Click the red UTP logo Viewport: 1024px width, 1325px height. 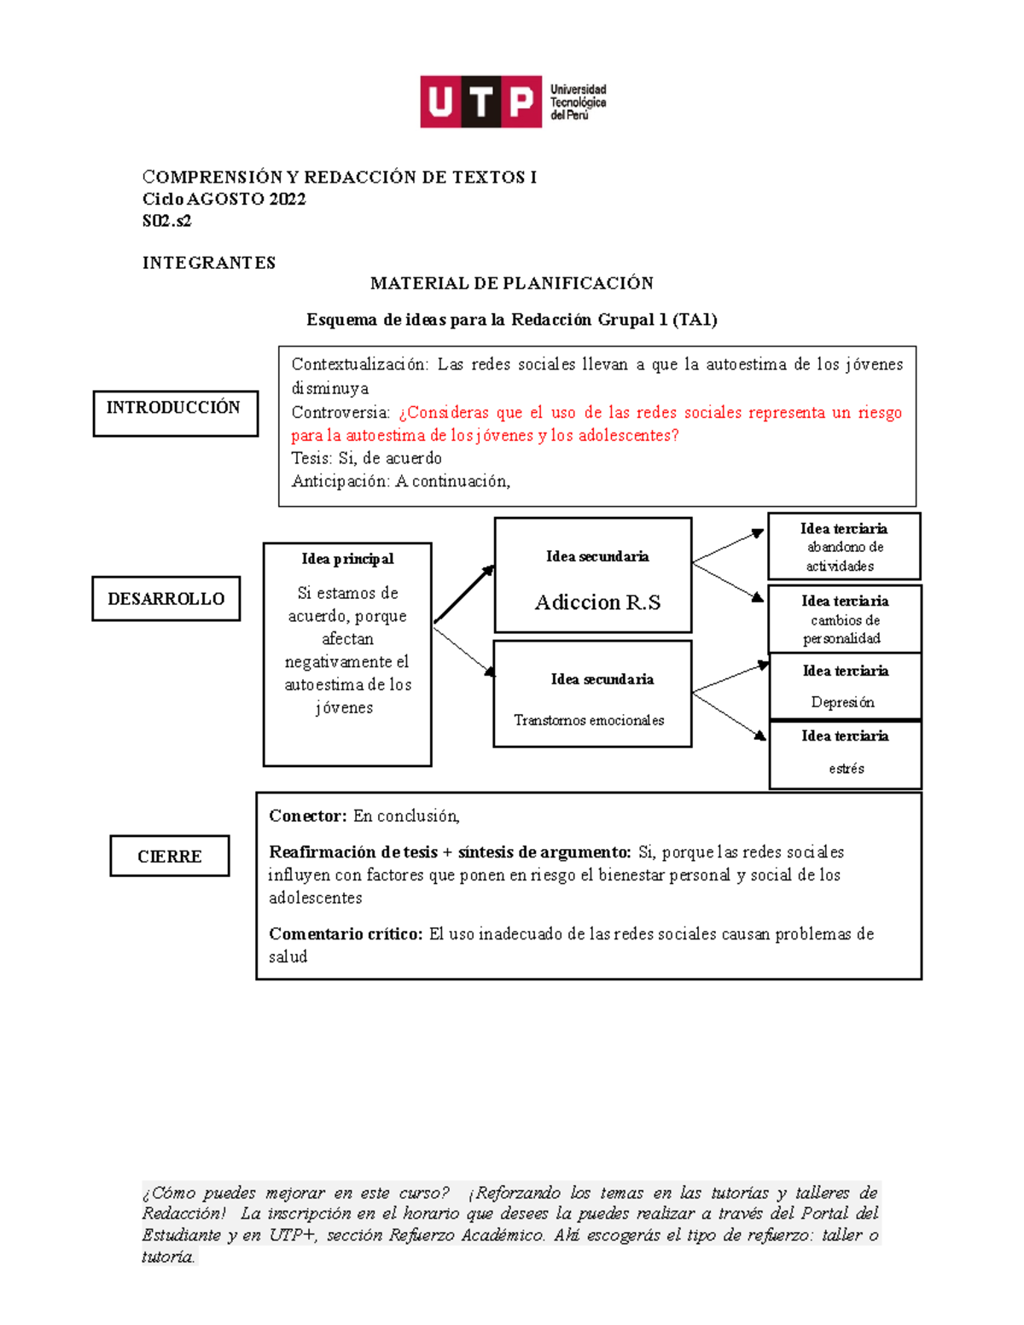480,102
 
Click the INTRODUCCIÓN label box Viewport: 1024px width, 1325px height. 175,413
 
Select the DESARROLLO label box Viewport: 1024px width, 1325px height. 166,598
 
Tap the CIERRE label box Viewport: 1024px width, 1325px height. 169,856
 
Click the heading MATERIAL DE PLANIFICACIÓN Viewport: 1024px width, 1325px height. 511,283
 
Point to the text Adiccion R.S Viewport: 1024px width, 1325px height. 597,602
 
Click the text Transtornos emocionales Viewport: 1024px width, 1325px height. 589,720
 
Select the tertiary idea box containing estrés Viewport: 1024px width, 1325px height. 845,755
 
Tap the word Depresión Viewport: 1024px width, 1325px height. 842,702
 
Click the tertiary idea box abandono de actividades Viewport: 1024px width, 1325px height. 844,547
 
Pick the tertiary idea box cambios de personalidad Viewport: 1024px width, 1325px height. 844,619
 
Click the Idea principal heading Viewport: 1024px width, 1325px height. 347,559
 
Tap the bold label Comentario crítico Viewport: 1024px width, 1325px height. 346,933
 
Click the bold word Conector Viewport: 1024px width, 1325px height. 307,816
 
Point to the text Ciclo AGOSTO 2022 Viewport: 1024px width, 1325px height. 224,199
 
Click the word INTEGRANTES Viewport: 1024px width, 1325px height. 208,263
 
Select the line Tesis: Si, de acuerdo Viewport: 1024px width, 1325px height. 366,458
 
